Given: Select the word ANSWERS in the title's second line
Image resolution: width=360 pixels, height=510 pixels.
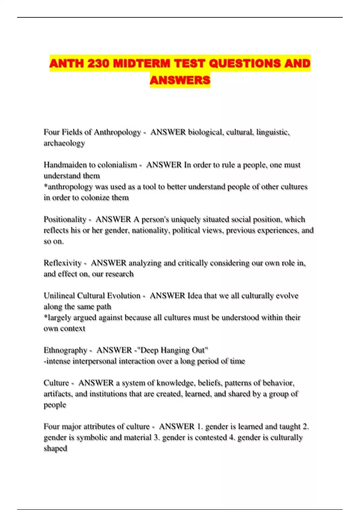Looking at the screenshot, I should point(180,80).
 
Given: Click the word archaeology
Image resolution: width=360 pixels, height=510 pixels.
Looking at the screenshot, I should point(64,143).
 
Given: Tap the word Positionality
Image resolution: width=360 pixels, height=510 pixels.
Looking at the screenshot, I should point(65,220).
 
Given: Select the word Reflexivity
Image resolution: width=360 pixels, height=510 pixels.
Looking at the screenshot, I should point(62,263).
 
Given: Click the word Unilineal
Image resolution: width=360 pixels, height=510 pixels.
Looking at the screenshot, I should point(59,296).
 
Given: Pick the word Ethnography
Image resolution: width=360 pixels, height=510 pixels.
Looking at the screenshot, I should point(65,350).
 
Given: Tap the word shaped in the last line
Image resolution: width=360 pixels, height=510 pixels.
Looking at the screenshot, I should point(55,448).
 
